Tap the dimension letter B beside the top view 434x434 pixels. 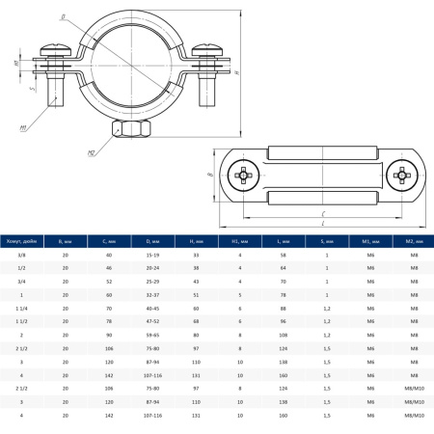pyautogui.click(x=211, y=176)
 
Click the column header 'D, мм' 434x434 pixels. pyautogui.click(x=151, y=242)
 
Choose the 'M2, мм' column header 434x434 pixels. pyautogui.click(x=413, y=242)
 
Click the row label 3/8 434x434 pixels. pyautogui.click(x=20, y=254)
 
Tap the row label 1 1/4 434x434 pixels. pyautogui.click(x=20, y=307)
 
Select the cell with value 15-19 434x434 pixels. pyautogui.click(x=151, y=254)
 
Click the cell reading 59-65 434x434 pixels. pyautogui.click(x=151, y=333)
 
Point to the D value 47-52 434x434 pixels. pyautogui.click(x=151, y=319)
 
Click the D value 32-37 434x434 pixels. pyautogui.click(x=151, y=293)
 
